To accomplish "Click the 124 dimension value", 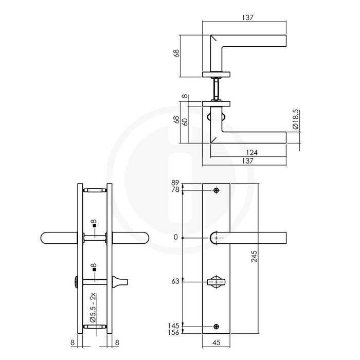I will coord(251,152).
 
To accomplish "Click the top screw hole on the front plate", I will coord(216,191).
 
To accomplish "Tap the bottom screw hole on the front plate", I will coord(216,326).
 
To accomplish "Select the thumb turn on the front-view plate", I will coord(216,282).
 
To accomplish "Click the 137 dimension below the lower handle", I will coord(247,161).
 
